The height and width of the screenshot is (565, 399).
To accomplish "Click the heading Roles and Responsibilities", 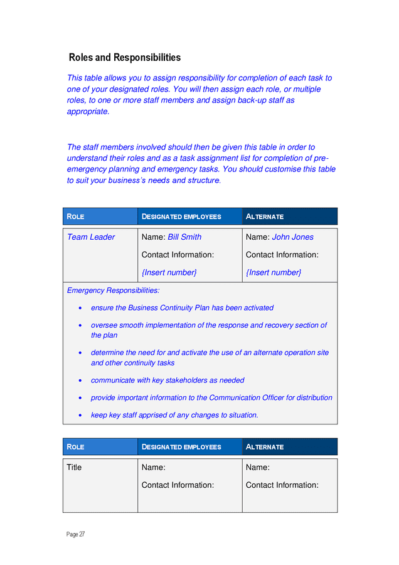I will (x=124, y=58).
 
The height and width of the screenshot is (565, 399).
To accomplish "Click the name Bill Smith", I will (x=184, y=237).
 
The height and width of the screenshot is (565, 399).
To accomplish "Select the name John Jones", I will (x=292, y=237).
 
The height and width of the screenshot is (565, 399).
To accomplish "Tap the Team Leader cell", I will (x=91, y=237).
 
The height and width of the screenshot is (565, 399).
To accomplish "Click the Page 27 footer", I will (x=75, y=534).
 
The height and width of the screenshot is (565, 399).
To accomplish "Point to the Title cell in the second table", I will (x=74, y=468).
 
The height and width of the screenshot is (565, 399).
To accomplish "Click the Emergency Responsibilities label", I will (x=113, y=291).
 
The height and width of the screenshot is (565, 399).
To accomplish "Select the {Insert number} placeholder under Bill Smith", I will (x=169, y=272).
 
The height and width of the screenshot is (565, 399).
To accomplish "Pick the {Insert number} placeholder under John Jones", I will (x=273, y=272).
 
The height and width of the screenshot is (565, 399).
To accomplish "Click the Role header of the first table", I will (x=75, y=217).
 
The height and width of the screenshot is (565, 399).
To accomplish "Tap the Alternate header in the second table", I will (x=265, y=447).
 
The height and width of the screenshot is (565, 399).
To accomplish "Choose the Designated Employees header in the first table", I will (x=181, y=217).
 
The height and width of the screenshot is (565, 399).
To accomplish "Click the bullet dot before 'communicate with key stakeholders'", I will (x=80, y=380).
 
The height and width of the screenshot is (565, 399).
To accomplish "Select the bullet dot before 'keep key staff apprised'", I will (x=80, y=416).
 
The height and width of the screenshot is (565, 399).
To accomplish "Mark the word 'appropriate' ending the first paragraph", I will (x=88, y=112).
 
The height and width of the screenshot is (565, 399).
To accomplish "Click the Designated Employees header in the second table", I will (x=181, y=447).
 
